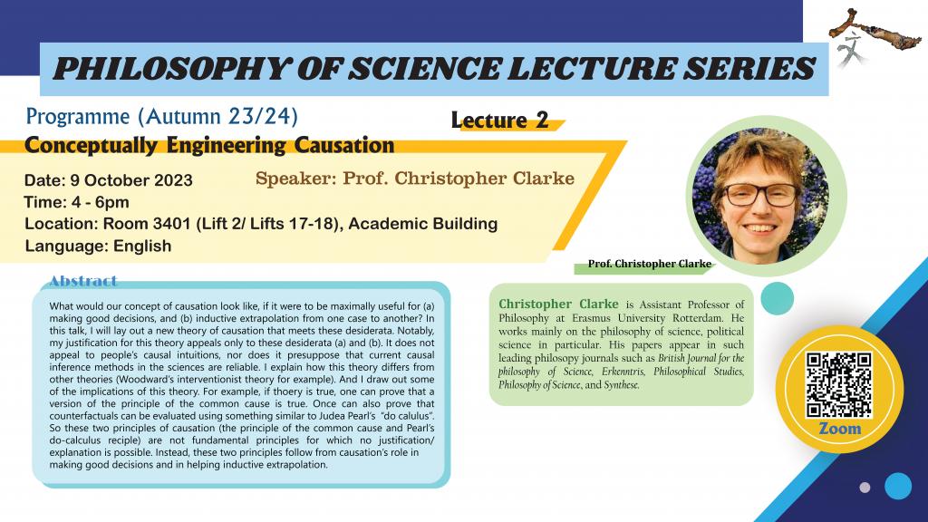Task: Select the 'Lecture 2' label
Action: tap(499, 121)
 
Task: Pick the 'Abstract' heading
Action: tap(83, 281)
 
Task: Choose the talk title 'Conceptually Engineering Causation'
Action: tap(209, 145)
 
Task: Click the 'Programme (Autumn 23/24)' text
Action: tap(162, 117)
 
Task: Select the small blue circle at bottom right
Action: tap(897, 486)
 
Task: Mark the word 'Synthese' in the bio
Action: tap(618, 385)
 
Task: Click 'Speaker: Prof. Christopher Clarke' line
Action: tap(415, 179)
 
